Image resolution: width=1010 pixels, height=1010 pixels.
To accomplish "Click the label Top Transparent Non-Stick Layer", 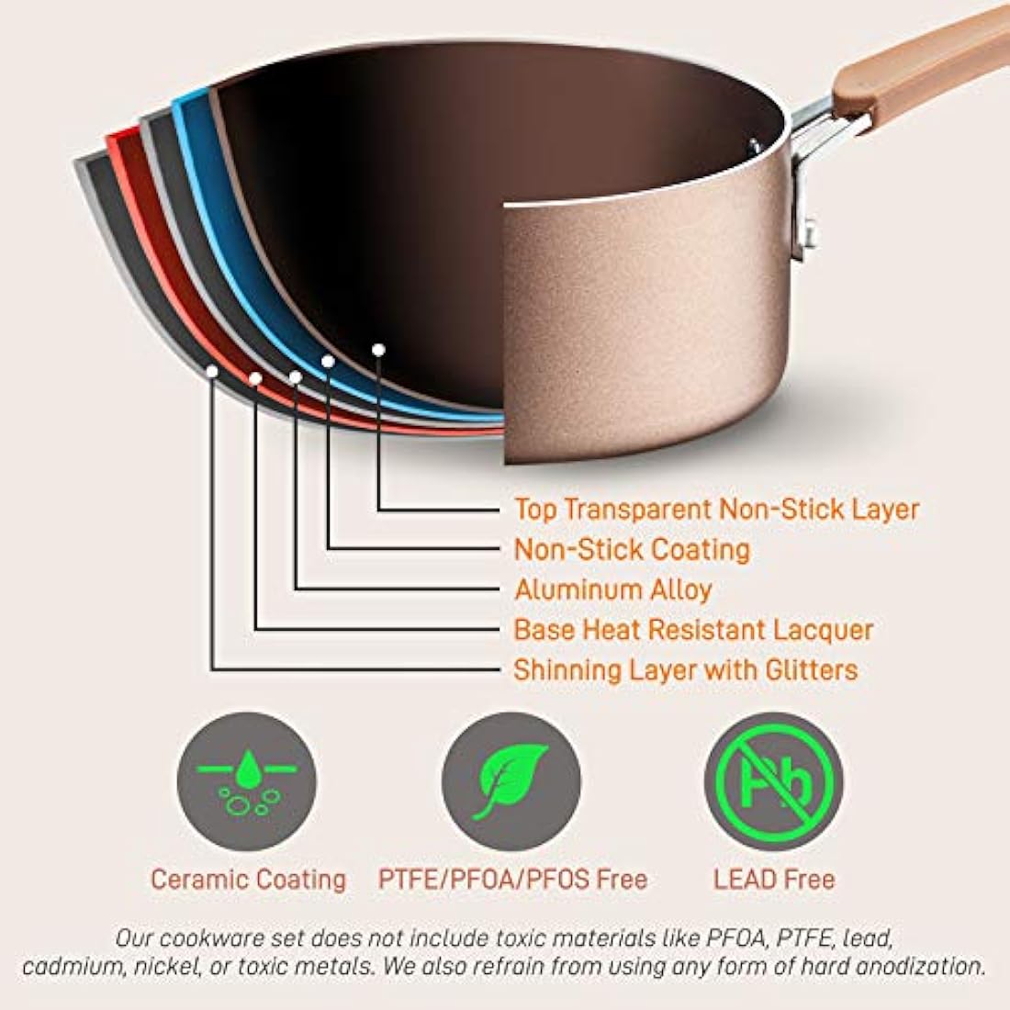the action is (x=716, y=510).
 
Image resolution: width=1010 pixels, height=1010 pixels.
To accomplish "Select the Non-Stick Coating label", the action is (x=632, y=549).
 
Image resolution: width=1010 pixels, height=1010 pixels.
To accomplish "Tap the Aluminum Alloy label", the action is (x=613, y=589).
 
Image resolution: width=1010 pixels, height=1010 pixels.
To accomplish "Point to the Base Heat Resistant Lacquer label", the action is (x=693, y=630).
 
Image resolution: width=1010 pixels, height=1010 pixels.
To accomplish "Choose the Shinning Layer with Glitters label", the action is (x=685, y=670).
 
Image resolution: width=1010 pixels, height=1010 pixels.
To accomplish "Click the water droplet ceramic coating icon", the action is (x=247, y=781).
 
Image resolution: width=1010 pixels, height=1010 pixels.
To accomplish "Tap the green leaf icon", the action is (x=511, y=781).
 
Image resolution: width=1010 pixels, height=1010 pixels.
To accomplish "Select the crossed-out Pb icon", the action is (x=774, y=781).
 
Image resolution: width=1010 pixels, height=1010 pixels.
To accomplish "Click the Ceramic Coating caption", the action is (x=248, y=880).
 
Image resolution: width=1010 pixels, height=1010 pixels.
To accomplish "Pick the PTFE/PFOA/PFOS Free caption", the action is (x=512, y=880).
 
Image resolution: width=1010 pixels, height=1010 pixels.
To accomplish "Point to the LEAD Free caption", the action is (x=774, y=880).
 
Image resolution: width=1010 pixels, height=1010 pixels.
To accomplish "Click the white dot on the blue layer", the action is (x=328, y=362).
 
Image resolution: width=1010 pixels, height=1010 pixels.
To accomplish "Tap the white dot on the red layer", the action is (x=255, y=378).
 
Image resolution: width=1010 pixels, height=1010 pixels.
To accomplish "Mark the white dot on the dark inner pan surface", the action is (x=378, y=350).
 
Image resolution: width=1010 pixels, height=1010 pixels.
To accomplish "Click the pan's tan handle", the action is (x=921, y=64).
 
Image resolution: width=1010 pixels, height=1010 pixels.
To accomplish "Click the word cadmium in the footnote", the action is (x=73, y=967).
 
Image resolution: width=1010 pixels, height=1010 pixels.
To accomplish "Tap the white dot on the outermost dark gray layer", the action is (x=213, y=371).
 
